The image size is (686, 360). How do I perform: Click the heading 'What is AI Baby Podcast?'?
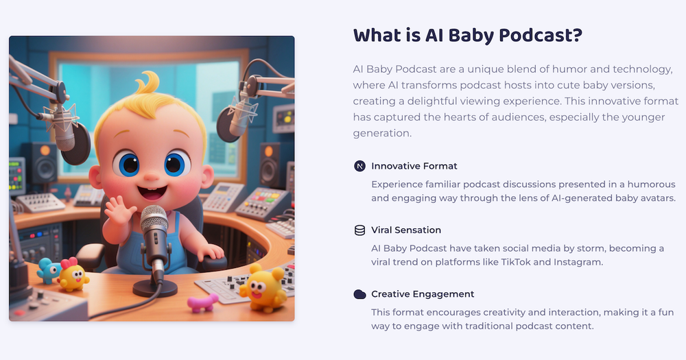[x=468, y=36]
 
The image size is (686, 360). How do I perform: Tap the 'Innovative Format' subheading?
[x=414, y=166]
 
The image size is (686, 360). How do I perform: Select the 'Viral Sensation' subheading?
[x=406, y=230]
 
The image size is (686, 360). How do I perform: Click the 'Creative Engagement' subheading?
[x=423, y=294]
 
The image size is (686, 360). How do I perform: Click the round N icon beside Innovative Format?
[x=359, y=166]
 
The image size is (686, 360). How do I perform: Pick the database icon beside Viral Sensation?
[x=359, y=230]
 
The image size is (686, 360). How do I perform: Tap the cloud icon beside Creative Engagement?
[x=359, y=294]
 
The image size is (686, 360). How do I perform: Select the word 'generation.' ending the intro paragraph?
[x=382, y=134]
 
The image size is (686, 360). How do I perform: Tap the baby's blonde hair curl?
[x=148, y=83]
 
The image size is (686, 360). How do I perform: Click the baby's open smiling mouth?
[x=152, y=193]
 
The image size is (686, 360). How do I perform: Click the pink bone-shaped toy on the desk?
[x=202, y=302]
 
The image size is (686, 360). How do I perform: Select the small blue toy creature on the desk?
[x=48, y=270]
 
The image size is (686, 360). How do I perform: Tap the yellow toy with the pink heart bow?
[x=73, y=275]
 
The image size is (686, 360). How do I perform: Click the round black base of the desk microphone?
[x=155, y=288]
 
